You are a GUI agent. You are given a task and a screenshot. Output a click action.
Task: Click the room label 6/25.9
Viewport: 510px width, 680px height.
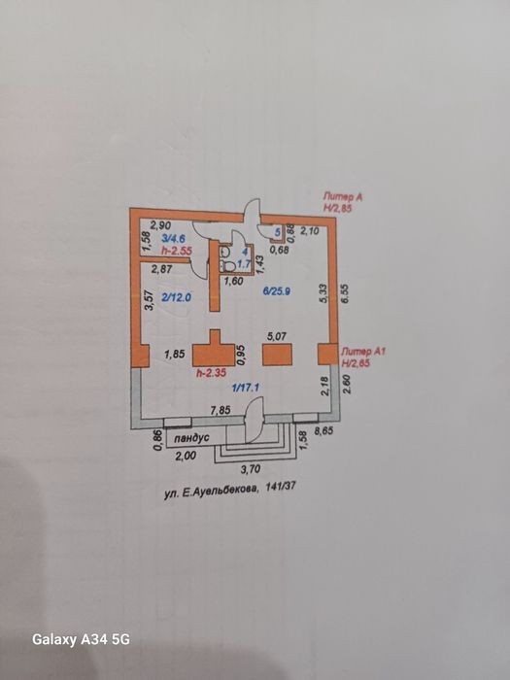point(277,291)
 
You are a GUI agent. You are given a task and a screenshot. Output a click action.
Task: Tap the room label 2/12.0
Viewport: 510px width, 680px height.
point(176,297)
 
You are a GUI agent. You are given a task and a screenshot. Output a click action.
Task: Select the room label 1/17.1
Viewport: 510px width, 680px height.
point(246,388)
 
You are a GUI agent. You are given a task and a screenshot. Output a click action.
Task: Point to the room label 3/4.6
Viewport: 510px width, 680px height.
point(174,238)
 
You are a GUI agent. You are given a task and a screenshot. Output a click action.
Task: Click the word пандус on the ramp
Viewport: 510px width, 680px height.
point(191,438)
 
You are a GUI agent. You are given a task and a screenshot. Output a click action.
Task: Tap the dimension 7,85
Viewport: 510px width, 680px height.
point(220,411)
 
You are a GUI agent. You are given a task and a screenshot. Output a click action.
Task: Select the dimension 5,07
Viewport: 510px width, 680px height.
point(276,336)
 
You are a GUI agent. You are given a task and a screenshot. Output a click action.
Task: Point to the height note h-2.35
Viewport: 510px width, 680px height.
point(211,372)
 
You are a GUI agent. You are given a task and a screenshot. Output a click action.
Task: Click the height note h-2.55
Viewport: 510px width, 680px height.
point(176,251)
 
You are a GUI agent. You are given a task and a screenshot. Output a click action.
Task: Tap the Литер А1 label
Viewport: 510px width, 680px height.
point(362,352)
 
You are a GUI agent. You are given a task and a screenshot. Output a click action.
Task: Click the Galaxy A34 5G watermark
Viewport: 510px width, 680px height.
point(81,639)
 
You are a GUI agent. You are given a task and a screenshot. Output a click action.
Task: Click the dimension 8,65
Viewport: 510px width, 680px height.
point(328,432)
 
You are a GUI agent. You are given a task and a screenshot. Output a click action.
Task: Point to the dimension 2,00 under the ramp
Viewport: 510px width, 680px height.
point(187,456)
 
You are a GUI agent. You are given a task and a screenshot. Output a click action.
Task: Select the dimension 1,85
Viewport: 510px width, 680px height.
point(174,354)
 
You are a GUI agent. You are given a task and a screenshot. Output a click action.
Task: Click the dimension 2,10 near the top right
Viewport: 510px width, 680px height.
point(310,231)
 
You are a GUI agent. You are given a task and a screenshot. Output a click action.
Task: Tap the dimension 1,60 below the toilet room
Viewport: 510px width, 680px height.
point(233,281)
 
